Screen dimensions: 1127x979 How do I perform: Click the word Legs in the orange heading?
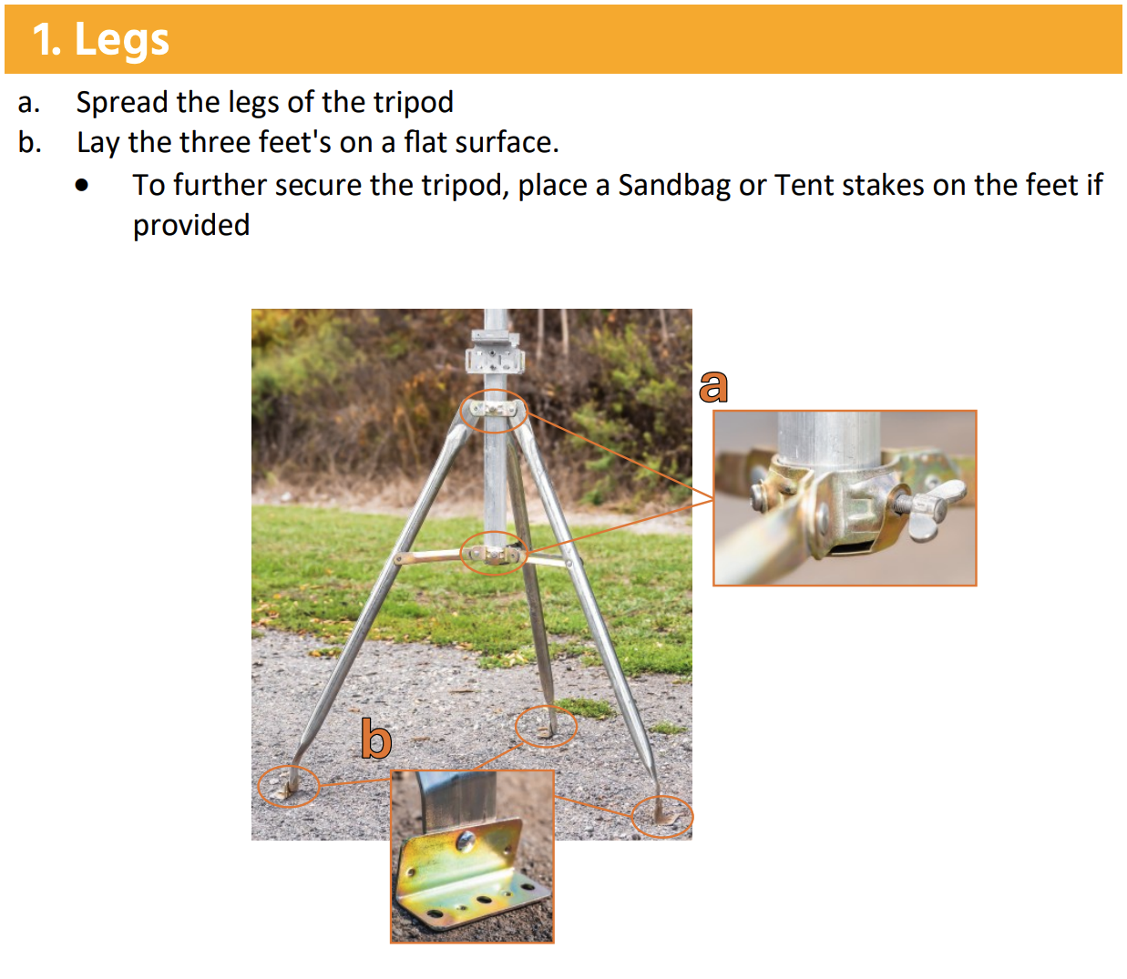[x=122, y=40]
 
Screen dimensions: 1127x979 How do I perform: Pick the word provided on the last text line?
[x=191, y=226]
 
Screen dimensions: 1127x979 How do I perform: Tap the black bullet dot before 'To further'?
[x=81, y=186]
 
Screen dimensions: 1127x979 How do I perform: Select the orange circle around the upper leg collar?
[x=494, y=390]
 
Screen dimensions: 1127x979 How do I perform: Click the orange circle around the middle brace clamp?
[x=494, y=532]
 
